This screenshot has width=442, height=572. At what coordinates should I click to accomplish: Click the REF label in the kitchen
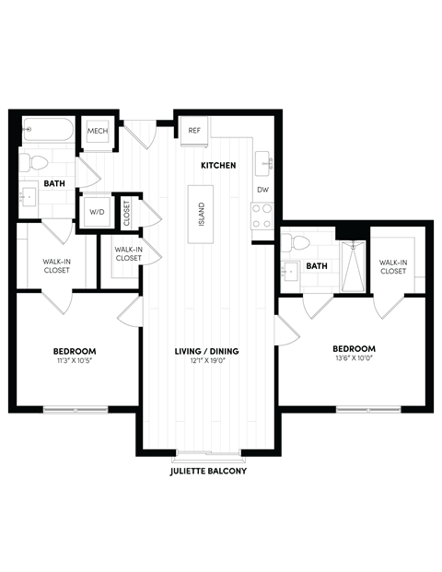click(x=194, y=131)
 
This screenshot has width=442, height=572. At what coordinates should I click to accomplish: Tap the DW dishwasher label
click(x=262, y=190)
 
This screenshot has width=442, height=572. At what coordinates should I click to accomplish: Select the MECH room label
click(x=98, y=132)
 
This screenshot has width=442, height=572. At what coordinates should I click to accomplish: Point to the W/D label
click(x=97, y=211)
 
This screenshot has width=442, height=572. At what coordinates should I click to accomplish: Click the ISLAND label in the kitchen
click(x=202, y=214)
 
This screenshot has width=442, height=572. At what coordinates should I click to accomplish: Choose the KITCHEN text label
click(x=219, y=166)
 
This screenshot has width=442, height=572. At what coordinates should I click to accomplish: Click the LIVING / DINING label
click(x=206, y=352)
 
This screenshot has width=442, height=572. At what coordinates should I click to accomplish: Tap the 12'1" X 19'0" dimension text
click(x=206, y=362)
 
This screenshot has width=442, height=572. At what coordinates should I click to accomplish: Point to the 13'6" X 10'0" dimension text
click(x=355, y=358)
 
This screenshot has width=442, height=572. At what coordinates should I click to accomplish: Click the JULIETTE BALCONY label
click(x=209, y=470)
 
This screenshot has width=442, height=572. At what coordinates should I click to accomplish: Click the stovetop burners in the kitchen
click(x=262, y=216)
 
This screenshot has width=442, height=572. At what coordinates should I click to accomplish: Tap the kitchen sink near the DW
click(x=265, y=164)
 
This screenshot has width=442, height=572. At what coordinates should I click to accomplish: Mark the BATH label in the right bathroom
click(x=317, y=266)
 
